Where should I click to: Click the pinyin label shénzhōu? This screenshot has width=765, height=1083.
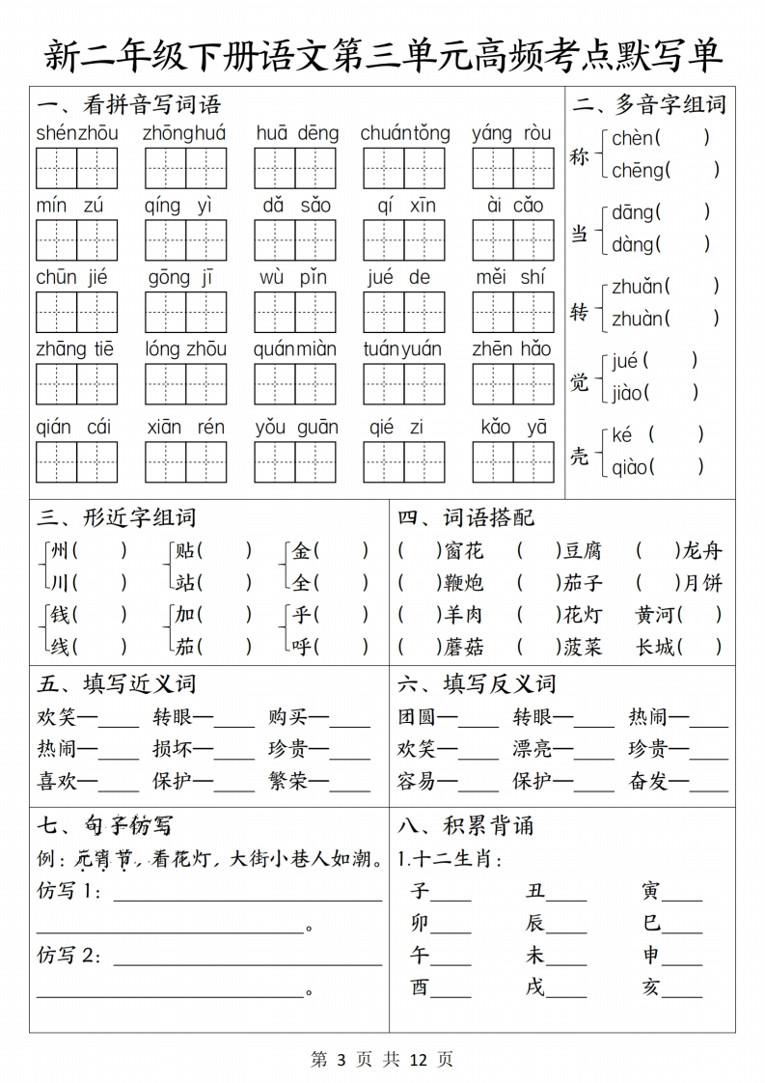point(77,133)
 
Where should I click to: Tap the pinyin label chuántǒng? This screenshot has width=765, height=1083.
point(405,133)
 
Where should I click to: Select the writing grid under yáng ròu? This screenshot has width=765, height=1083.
point(512,168)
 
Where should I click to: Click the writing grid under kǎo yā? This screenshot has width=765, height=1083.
point(512,461)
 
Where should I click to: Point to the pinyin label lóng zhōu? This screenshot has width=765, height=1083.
point(186,349)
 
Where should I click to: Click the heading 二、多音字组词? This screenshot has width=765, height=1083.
point(648,104)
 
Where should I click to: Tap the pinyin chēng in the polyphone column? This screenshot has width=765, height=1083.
point(638,171)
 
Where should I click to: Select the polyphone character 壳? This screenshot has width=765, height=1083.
point(579,456)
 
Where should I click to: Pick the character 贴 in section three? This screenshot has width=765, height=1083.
point(185,551)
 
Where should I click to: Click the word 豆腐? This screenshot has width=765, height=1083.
point(583,551)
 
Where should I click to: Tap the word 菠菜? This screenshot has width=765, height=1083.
point(583,647)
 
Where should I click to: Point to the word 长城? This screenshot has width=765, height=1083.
point(655,647)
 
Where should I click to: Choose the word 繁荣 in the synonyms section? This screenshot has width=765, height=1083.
point(287,781)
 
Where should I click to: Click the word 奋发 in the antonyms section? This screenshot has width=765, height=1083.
point(648,781)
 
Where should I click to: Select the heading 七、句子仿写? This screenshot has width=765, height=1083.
point(104,826)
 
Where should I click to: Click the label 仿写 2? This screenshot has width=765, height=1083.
point(68,956)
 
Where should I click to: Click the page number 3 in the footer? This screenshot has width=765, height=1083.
point(342,1059)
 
